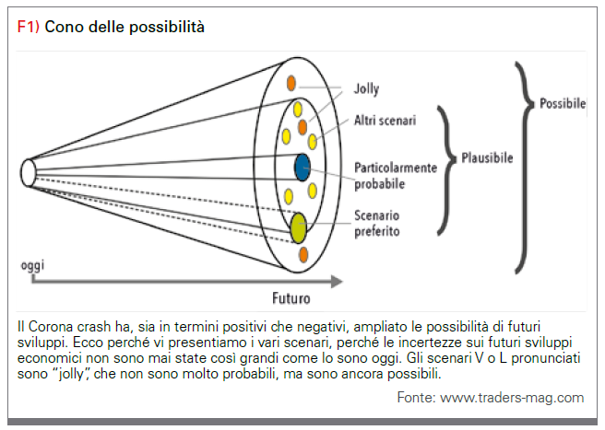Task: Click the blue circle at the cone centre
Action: click(x=302, y=168)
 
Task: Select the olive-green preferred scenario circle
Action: click(x=298, y=227)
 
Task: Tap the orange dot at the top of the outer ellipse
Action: click(x=291, y=83)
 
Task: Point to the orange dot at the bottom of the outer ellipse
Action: click(x=303, y=255)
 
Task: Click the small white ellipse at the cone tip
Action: click(x=29, y=173)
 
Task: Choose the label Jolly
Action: click(x=366, y=89)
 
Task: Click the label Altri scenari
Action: click(x=386, y=121)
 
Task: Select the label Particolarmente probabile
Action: click(x=396, y=176)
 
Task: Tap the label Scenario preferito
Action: click(x=377, y=224)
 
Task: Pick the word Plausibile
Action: click(x=487, y=158)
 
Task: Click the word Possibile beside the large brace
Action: click(x=563, y=104)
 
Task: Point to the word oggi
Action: click(x=32, y=265)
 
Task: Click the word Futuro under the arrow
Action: click(x=291, y=298)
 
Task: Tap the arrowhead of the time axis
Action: click(x=337, y=281)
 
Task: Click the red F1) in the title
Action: click(x=29, y=27)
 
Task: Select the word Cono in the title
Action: click(x=65, y=27)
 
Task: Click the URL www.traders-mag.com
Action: click(x=512, y=397)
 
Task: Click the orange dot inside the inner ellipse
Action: click(x=302, y=127)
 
